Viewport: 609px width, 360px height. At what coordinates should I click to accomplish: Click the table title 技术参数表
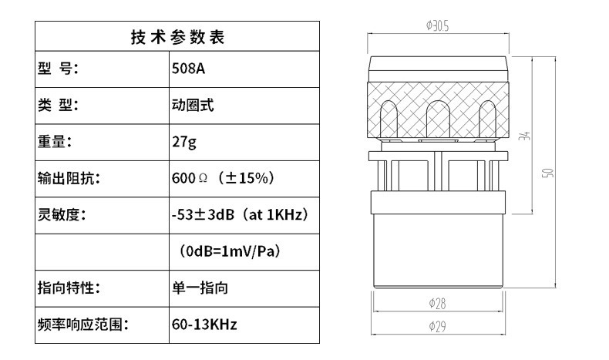coord(177,37)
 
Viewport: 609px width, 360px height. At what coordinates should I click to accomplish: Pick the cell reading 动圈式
coord(193,104)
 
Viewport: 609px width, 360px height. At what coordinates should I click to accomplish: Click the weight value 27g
coord(183,141)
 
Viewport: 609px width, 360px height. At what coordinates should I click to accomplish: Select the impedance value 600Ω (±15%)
coord(223,178)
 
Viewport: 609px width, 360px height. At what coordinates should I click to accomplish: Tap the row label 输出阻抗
coord(69,178)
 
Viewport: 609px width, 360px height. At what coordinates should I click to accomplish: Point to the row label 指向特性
coord(69,288)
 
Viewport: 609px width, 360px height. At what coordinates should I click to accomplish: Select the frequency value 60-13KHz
coord(204,325)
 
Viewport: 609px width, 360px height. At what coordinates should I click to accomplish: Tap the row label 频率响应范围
coord(82,325)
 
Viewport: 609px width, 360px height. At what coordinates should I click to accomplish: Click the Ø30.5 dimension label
coord(437,25)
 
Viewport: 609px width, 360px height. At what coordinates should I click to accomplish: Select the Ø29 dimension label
coord(437,326)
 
